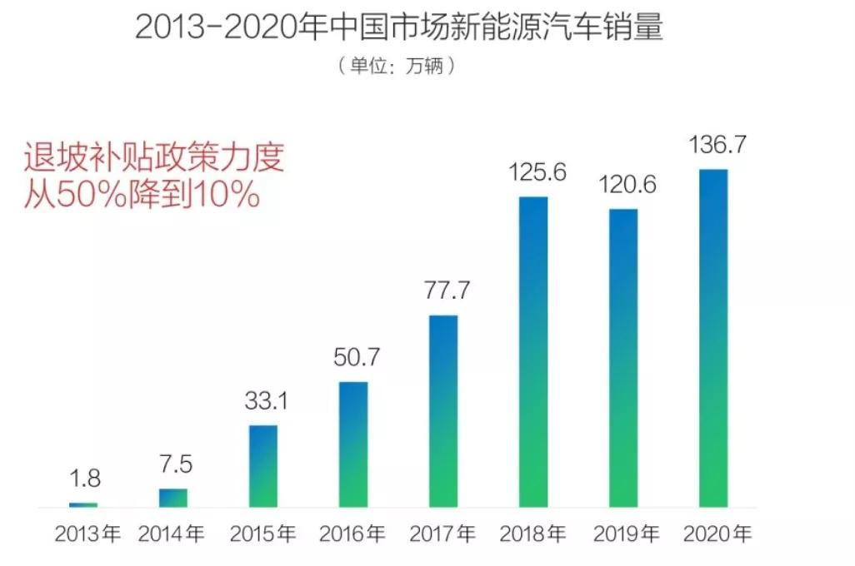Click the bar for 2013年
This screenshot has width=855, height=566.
pos(83,504)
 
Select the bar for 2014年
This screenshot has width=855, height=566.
pos(173,497)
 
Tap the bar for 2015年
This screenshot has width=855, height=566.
pos(263,466)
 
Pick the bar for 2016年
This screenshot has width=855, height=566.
pos(353,444)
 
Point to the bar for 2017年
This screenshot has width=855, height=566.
pos(443,411)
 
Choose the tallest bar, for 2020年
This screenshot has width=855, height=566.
pos(713,338)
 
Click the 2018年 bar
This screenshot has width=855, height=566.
pos(533,351)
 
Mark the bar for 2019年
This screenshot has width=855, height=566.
pos(623,358)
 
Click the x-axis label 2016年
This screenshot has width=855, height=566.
pos(352,534)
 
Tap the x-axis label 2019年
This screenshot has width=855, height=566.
pos(622,534)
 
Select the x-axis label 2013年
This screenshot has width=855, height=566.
pos(87,534)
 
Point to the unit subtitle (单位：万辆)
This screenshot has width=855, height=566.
pos(397,66)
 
